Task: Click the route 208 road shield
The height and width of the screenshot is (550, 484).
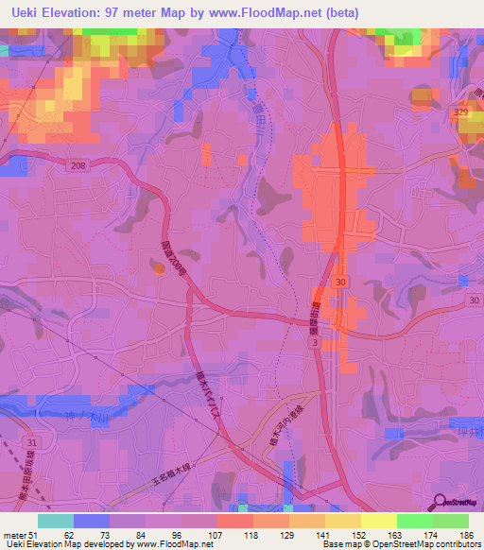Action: (78, 164)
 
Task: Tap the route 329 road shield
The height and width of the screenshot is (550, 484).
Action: (461, 112)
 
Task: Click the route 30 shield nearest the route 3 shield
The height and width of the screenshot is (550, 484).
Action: (339, 283)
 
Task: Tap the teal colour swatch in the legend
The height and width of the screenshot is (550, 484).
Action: (56, 521)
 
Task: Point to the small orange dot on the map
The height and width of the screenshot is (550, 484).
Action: (160, 266)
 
